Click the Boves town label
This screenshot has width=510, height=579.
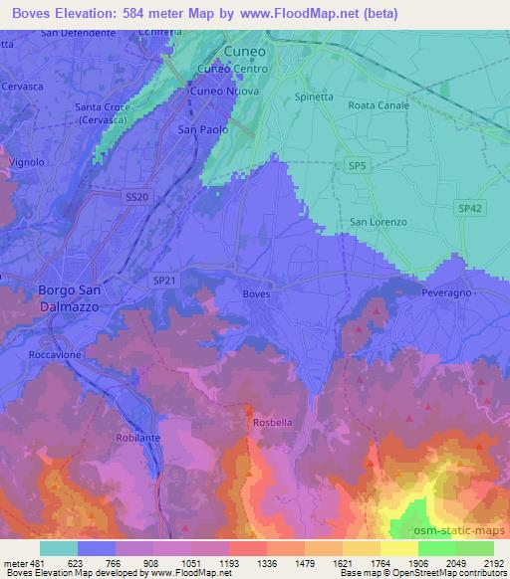(256, 294)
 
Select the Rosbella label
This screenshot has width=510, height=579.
(272, 422)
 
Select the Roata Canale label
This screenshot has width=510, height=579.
(380, 104)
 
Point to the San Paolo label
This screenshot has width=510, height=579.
(202, 129)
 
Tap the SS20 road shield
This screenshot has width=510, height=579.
(137, 198)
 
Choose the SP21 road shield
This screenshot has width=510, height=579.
(165, 283)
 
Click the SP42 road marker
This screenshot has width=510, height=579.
(470, 207)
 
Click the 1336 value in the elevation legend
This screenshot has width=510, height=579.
(286, 562)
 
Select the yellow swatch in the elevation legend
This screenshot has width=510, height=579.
(398, 547)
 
